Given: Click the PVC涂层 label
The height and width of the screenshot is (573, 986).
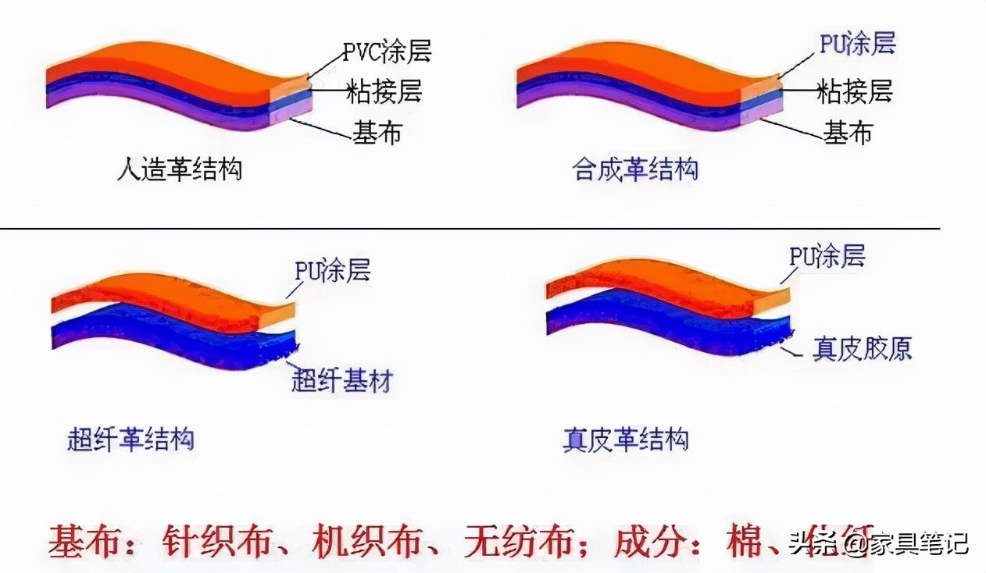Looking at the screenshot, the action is coord(387,52).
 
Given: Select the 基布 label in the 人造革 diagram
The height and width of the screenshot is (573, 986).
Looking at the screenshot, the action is coord(377,133).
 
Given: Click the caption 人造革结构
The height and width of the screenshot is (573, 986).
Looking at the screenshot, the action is coord(179,169).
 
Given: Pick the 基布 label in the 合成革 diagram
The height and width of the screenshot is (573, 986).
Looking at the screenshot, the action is coord(848,133).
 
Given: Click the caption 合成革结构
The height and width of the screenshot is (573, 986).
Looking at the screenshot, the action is coord(635,169).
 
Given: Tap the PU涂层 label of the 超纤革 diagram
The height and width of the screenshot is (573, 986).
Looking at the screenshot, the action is coord(332,270).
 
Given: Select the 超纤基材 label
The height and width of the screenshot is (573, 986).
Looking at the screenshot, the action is coord(341,382).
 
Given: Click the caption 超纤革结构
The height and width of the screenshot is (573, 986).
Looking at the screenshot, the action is coord(130,440).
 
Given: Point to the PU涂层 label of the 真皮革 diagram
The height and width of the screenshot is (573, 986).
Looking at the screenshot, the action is coord(827,256).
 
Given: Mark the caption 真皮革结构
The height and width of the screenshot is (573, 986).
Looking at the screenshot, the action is coord(626,440).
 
